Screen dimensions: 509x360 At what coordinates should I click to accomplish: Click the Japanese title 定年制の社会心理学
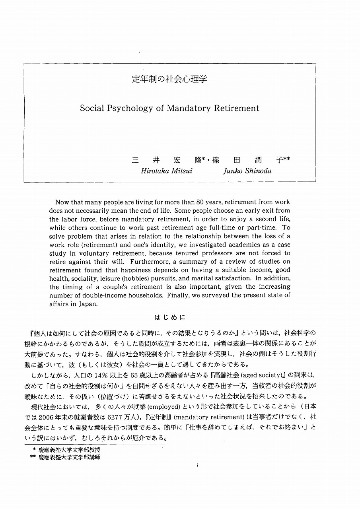pos(169,79)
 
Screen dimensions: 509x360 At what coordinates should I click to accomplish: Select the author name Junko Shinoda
pos(247,171)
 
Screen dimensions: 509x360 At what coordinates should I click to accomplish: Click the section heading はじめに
pos(169,318)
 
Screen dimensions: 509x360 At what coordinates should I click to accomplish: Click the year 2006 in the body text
pos(47,417)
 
